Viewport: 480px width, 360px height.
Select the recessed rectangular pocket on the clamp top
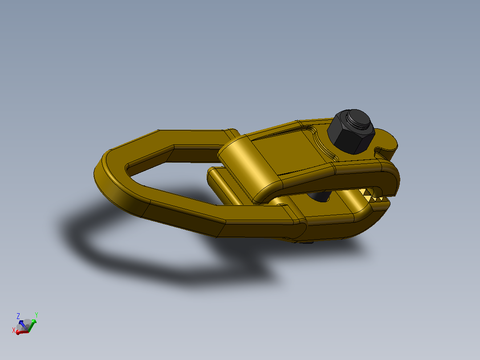point(289,150)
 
